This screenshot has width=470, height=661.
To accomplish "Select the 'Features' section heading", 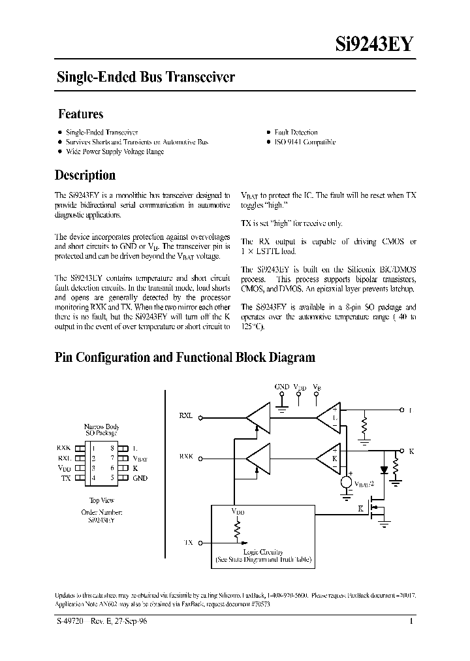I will tap(81, 114).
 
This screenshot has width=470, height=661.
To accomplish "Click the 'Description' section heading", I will tap(85, 175).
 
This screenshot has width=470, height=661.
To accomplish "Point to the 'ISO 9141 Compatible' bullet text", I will tap(304, 142).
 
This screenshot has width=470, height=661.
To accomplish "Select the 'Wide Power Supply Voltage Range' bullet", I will tap(115, 152).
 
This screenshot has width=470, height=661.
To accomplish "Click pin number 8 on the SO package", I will tap(112, 448).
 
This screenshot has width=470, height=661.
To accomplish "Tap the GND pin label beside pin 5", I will tap(140, 477).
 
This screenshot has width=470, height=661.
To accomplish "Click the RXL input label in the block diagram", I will tap(185, 415).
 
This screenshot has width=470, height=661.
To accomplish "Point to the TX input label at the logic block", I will tap(189, 542).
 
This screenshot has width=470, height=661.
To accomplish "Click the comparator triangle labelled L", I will tap(328, 417).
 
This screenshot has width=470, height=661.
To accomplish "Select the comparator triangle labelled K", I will tap(328, 458).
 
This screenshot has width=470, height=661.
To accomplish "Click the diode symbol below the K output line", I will tap(383, 468).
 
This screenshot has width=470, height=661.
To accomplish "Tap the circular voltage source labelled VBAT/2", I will tap(346, 483).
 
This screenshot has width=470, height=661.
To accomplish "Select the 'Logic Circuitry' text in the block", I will tap(263, 552).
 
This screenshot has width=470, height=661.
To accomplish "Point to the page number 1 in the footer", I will tap(411, 622).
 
